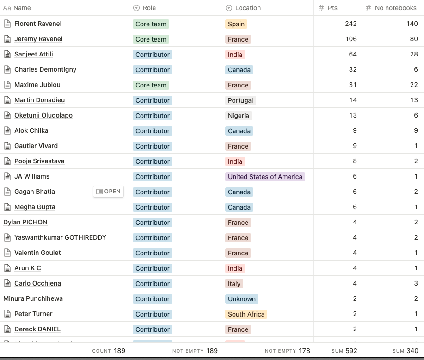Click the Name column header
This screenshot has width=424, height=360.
click(22, 8)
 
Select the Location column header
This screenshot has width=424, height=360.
click(248, 8)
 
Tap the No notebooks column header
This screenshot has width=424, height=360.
click(395, 8)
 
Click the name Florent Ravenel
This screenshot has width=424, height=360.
click(38, 24)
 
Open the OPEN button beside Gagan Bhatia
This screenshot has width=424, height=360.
click(108, 192)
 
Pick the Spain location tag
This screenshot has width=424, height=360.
click(236, 24)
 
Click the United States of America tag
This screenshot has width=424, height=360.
click(265, 177)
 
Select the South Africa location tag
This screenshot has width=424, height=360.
click(246, 314)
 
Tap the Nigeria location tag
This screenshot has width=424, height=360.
click(238, 116)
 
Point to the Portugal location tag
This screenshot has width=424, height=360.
click(240, 100)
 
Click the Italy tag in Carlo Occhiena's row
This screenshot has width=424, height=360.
click(234, 284)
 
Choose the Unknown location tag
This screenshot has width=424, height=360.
click(241, 299)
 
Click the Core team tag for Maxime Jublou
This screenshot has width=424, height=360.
click(151, 85)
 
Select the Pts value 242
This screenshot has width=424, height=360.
click(350, 24)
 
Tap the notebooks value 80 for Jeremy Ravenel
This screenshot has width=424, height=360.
click(413, 39)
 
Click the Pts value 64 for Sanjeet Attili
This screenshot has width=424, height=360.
click(352, 54)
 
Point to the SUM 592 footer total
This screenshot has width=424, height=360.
click(344, 351)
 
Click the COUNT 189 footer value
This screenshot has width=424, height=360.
click(109, 351)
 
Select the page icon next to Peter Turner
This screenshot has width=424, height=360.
click(7, 314)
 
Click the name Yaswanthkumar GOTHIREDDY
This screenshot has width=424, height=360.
click(60, 237)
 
